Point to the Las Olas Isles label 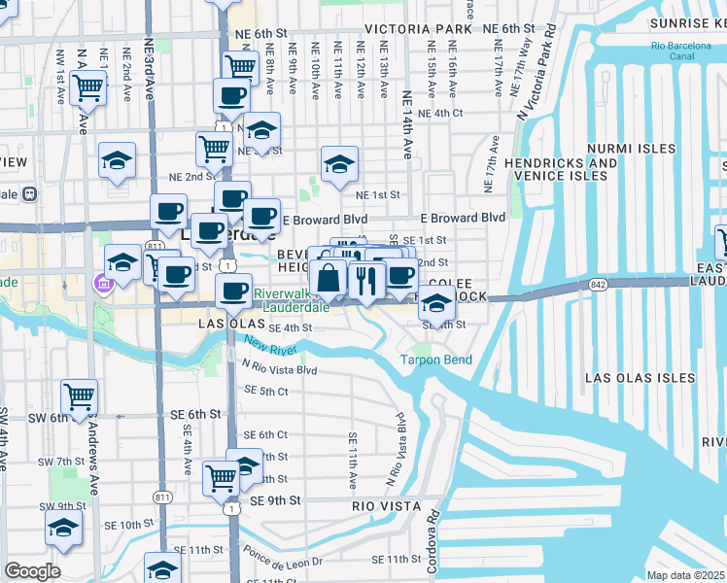640,377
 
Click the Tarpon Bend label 436,360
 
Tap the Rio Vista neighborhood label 386,506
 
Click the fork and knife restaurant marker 366,281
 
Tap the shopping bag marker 329,279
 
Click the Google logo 32,571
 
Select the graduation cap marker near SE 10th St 63,528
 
